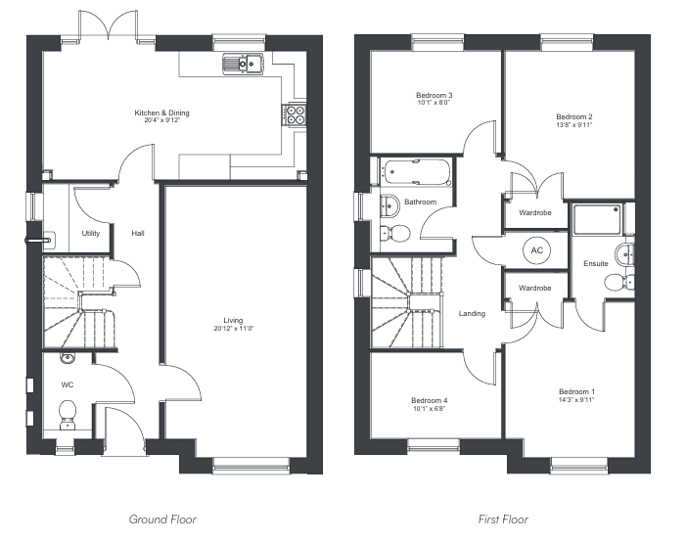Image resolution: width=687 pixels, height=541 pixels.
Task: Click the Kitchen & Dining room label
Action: pos(161,113)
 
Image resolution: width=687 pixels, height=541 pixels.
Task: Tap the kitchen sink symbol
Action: pos(243,64)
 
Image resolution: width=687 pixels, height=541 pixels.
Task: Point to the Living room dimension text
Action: pos(234,329)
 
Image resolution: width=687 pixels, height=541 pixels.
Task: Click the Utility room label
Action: pos(91,234)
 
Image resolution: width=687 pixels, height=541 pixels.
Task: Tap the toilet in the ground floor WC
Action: pos(68,415)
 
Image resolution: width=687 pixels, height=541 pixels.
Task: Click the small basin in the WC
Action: pos(68,358)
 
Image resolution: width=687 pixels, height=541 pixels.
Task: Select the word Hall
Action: pos(138,234)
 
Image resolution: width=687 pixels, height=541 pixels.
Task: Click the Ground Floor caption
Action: pos(162,519)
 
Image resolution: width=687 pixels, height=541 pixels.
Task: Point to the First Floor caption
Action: pos(503,519)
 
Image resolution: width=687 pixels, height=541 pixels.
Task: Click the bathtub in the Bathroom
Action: pos(416,172)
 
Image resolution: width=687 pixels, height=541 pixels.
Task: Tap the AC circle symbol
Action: pos(536,250)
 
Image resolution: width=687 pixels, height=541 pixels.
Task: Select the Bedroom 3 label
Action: pos(434,95)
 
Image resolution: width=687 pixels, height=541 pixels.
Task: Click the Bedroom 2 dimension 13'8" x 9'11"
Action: pos(573,125)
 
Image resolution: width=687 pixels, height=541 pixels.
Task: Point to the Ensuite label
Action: pos(595,263)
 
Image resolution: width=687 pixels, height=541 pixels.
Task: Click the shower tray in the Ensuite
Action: pos(597,218)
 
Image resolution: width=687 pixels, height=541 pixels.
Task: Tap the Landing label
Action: pos(472,314)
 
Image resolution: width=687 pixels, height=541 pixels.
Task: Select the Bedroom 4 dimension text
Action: pos(429,409)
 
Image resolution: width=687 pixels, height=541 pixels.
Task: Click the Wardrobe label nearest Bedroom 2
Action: pos(535,213)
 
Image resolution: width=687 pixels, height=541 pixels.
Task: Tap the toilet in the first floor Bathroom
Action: pos(394,233)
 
